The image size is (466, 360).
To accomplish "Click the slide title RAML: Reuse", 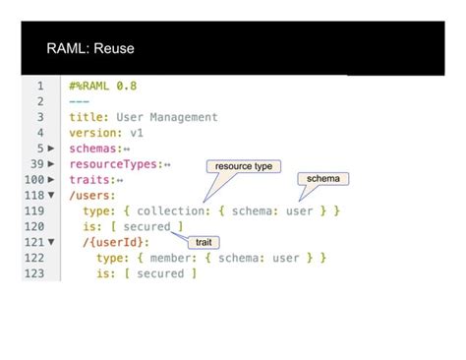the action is pos(90,48).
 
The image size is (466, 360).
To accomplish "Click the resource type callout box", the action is pos(244,166).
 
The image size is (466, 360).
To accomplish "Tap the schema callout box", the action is pos(322,179).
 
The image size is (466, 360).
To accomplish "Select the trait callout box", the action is pos(203,241).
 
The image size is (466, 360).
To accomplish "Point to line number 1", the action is pos(39,86).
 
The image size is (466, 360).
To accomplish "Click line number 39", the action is pos(35,163).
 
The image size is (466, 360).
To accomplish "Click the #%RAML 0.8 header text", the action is pos(103,86).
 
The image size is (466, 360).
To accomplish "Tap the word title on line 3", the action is pos(85,117).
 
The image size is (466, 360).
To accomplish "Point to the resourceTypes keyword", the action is pos(114,163).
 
